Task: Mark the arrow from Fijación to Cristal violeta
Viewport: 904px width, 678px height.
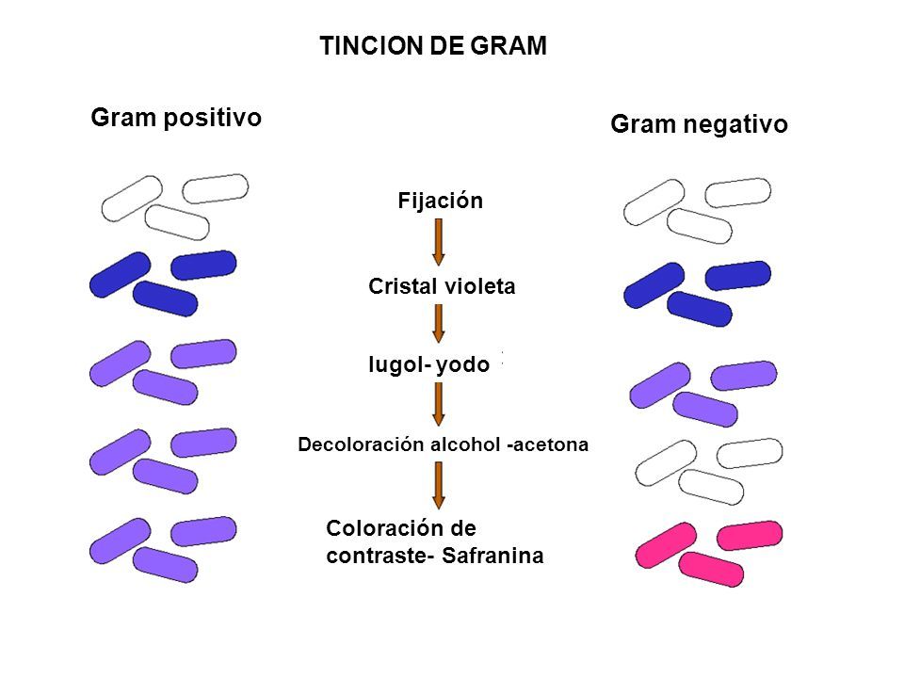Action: click(x=438, y=244)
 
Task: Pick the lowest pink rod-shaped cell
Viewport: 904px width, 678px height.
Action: click(x=707, y=569)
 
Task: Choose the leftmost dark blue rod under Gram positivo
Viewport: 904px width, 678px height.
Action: click(x=120, y=274)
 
